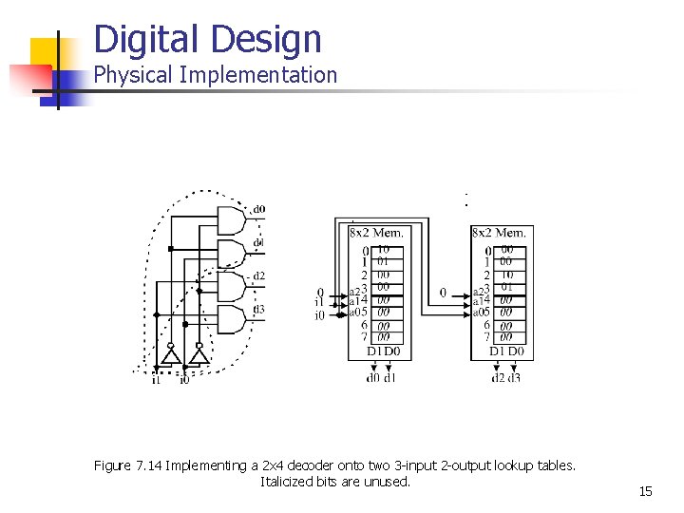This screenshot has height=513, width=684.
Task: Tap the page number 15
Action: click(x=645, y=491)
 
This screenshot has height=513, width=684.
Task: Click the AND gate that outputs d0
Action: click(x=231, y=220)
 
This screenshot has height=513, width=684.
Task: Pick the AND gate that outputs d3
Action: click(x=231, y=318)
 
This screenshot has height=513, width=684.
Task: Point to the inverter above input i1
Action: click(x=171, y=355)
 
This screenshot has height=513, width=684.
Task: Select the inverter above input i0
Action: click(x=198, y=355)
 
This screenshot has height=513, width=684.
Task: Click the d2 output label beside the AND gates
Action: click(x=258, y=275)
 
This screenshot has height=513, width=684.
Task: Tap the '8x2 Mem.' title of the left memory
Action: click(x=376, y=232)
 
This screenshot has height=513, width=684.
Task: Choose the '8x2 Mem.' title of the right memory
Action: click(x=498, y=232)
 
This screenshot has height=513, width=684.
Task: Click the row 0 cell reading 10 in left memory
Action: click(x=382, y=250)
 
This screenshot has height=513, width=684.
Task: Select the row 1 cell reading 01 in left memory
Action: click(x=382, y=261)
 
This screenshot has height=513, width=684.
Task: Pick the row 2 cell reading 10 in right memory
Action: click(x=507, y=275)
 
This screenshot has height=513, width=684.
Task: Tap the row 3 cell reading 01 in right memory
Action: click(x=507, y=287)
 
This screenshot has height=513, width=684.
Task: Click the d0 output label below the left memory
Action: click(x=373, y=378)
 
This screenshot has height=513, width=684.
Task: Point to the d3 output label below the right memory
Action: click(x=513, y=378)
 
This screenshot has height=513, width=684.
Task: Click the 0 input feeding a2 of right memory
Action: click(x=444, y=293)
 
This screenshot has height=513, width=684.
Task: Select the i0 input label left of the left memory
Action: click(x=320, y=314)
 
